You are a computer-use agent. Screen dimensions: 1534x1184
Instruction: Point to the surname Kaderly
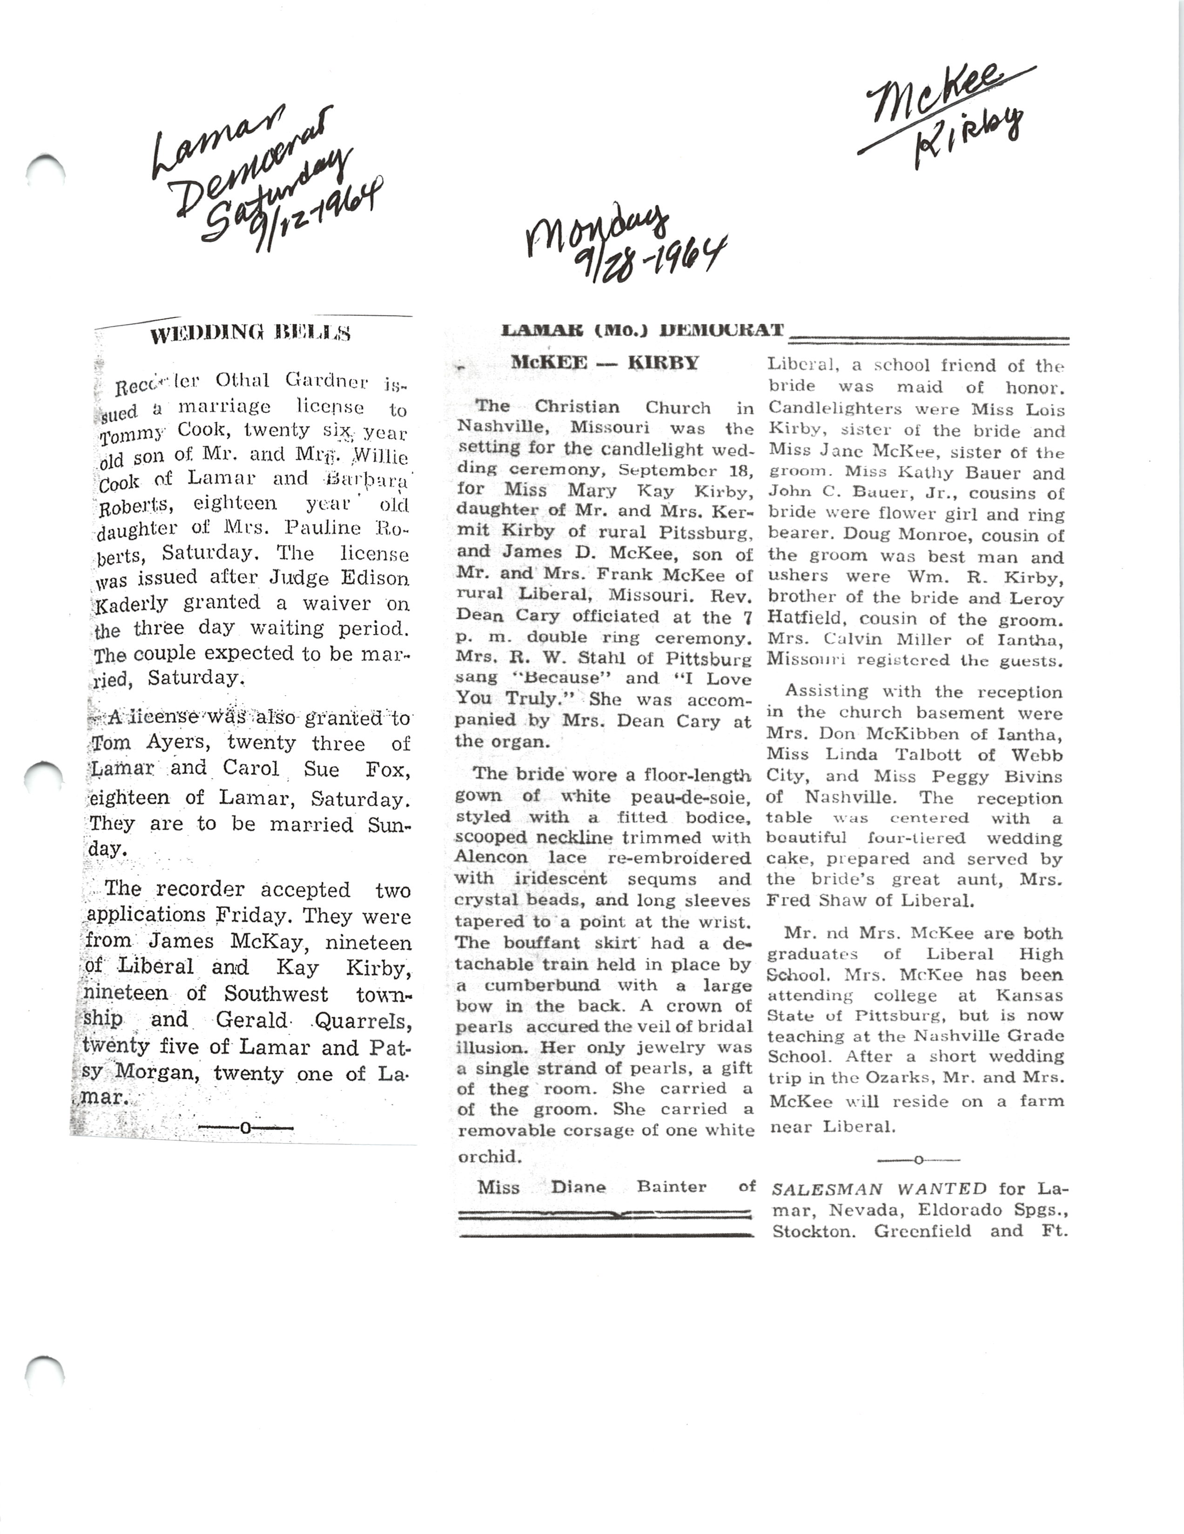coord(131,603)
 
